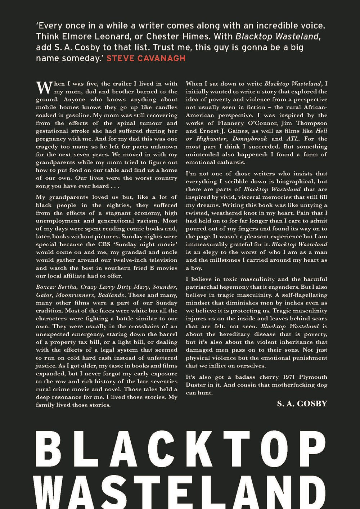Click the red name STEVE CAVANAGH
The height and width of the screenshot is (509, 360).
(x=146, y=58)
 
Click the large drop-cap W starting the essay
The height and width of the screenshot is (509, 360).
(x=42, y=87)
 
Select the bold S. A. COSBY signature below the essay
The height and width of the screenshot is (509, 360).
(x=302, y=404)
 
